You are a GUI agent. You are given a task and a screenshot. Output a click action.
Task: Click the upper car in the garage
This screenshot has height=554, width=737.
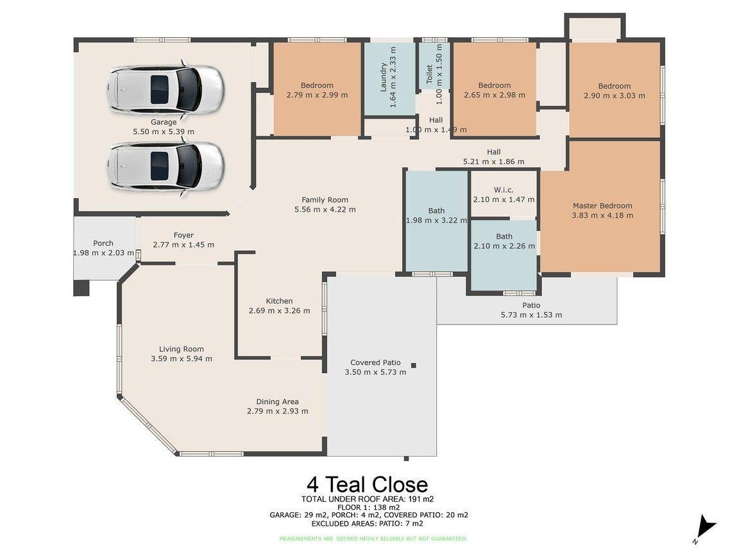coord(165,89)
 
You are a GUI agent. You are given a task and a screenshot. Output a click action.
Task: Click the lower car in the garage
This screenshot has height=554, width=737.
coord(165,166)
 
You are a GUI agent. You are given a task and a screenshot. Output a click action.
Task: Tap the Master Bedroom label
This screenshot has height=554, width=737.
coord(602,206)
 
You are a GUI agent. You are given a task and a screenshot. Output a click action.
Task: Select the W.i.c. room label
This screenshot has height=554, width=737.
coord(504,190)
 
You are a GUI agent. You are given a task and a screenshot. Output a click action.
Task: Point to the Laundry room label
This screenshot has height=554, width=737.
coord(384,78)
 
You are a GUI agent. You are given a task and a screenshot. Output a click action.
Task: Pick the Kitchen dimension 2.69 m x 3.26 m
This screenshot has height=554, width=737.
coord(279,310)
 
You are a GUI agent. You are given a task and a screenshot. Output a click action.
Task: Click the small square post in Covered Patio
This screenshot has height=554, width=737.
coord(414,365)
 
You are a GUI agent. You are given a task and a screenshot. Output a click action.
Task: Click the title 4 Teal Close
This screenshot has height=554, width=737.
coord(367,484)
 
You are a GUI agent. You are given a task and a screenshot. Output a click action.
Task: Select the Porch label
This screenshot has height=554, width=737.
coord(103,243)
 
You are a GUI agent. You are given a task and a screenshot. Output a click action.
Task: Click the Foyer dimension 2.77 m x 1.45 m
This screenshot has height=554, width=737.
coord(183,244)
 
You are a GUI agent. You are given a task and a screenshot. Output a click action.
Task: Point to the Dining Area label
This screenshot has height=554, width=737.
coord(277,401)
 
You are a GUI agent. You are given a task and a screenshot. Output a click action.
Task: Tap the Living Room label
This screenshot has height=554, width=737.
coord(182,349)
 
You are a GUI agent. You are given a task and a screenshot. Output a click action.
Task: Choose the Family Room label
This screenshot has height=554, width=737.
coord(325,199)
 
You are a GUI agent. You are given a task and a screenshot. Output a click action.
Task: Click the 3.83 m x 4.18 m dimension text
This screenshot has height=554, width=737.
coord(602,215)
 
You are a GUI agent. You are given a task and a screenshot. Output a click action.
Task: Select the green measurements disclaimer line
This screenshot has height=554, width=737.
coord(373,539)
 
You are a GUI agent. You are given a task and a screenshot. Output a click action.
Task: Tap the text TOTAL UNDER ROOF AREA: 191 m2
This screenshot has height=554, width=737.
coord(372,499)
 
